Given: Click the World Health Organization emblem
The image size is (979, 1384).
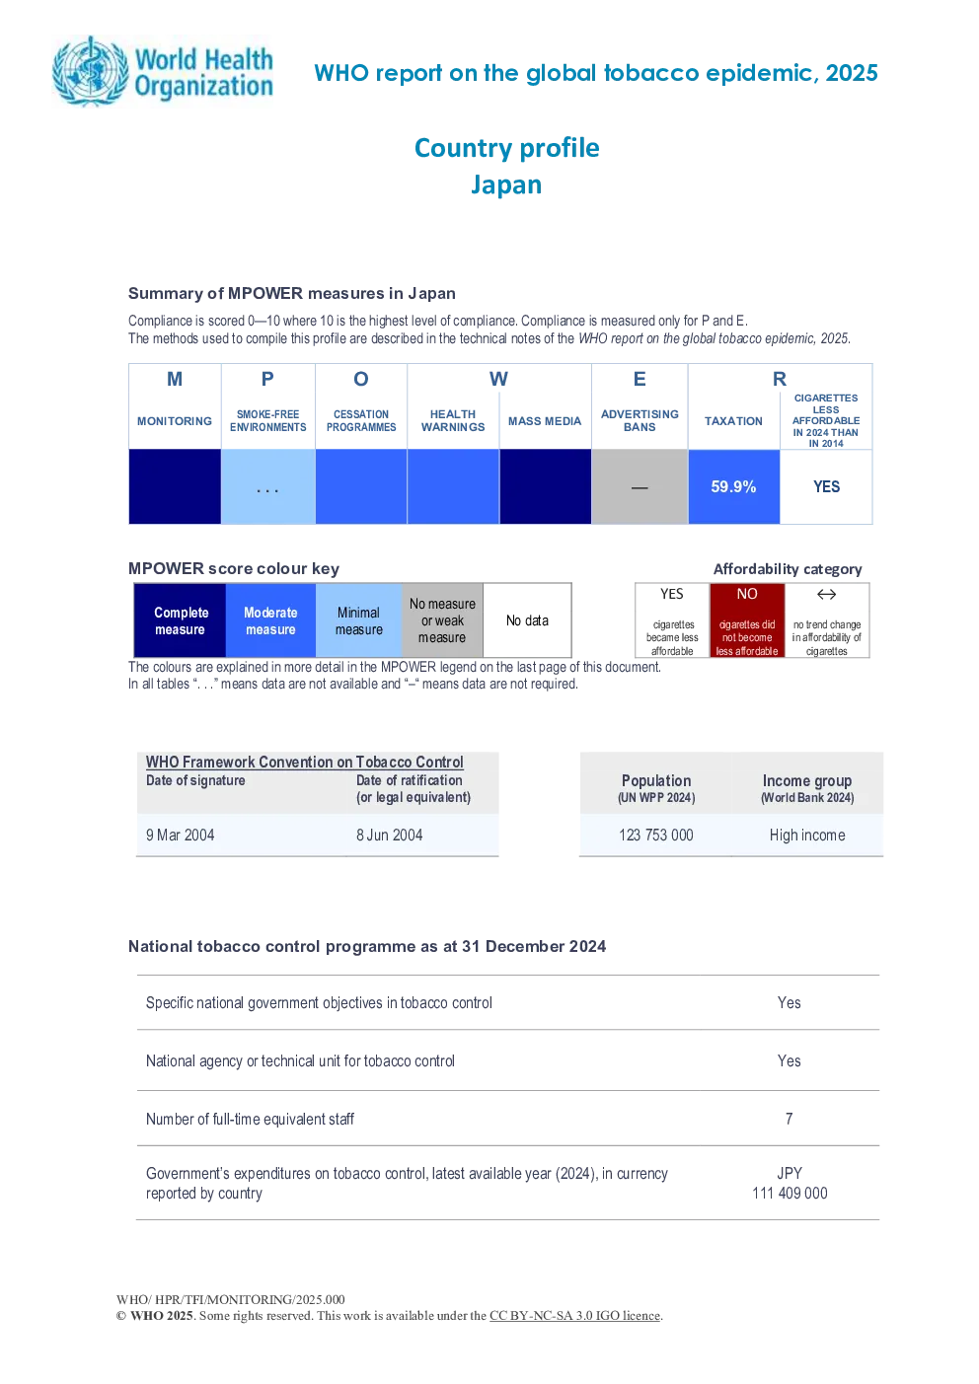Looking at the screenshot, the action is tap(90, 70).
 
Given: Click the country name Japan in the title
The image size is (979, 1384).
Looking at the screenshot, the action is tap(506, 184).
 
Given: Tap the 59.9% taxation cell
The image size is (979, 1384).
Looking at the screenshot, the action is tap(733, 487).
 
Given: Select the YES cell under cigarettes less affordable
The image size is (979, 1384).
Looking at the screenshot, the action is tap(826, 487).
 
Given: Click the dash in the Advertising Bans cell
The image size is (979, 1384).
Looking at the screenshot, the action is tap(640, 488).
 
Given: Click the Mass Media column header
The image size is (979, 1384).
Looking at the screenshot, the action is tap(545, 421).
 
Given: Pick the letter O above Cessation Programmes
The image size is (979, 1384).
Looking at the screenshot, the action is tap(361, 379).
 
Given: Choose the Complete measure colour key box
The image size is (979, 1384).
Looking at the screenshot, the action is tap(180, 620).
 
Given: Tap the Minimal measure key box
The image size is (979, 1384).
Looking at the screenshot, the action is tap(359, 620).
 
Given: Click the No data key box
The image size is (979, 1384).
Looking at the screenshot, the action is tap(527, 620).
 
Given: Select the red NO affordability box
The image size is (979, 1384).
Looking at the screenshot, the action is tap(747, 620).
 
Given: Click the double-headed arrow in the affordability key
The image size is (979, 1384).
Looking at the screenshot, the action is tap(826, 595).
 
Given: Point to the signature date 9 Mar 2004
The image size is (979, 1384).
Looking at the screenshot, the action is tap(180, 836).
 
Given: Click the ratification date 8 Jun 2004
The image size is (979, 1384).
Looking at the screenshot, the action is tap(390, 836).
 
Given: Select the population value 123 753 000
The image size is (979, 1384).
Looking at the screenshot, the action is tap(655, 836).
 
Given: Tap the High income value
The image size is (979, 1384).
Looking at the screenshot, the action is tap(807, 836).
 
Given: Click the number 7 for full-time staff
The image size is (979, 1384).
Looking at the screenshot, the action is tap(790, 1119).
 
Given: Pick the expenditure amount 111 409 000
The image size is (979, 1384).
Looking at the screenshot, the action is tap(790, 1193).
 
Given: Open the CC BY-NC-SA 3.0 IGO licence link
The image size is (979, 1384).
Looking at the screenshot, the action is tap(574, 1316).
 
